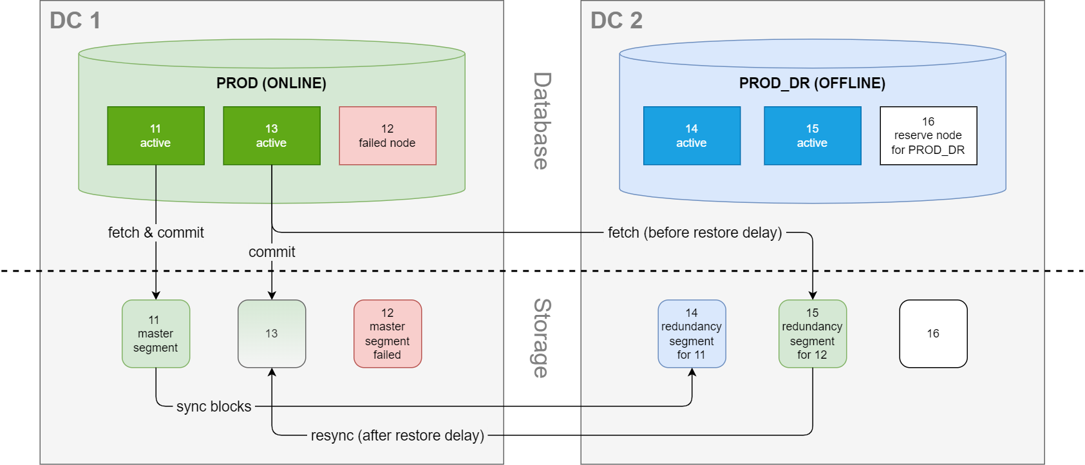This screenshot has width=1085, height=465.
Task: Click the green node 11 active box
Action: click(x=155, y=136)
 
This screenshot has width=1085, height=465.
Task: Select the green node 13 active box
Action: click(x=272, y=136)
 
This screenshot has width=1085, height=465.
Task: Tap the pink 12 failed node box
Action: click(x=388, y=136)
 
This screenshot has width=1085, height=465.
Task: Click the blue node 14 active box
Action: click(x=692, y=136)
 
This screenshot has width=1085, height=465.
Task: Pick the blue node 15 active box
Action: click(x=812, y=136)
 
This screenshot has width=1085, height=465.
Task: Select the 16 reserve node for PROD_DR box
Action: click(x=929, y=136)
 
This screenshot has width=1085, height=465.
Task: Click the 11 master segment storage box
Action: click(x=155, y=334)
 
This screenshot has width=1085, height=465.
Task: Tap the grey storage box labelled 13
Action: click(x=272, y=334)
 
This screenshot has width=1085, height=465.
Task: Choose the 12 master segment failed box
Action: click(x=388, y=334)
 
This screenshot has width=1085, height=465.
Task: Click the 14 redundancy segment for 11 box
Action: click(x=692, y=334)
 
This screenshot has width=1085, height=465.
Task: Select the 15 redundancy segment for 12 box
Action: click(x=812, y=334)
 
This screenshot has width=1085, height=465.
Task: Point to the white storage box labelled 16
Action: click(x=934, y=334)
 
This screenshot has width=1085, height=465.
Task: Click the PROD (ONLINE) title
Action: click(x=271, y=83)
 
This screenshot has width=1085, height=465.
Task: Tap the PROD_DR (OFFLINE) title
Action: click(x=812, y=83)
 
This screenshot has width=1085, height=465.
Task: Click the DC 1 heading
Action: click(x=75, y=21)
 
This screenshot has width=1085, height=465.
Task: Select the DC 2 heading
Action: click(x=616, y=21)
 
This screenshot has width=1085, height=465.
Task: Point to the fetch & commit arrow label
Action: click(x=155, y=232)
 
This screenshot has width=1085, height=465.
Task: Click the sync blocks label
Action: click(x=214, y=406)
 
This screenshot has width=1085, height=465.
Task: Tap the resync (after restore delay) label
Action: click(x=397, y=435)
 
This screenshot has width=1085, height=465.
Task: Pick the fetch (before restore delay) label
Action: click(x=695, y=232)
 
